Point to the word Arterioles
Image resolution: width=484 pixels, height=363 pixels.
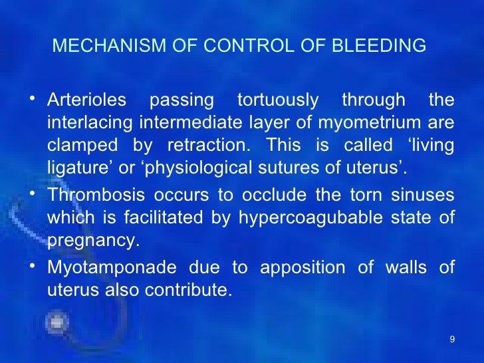86,100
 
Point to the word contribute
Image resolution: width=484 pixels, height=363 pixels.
198,291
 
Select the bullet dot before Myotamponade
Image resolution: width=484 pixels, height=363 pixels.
33,267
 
